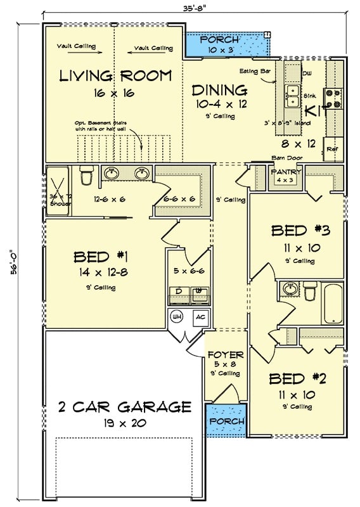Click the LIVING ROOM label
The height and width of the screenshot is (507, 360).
click(115, 76)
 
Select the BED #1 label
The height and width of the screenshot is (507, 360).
click(101, 257)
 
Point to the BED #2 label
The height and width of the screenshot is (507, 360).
click(297, 379)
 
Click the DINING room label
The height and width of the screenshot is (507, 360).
click(219, 90)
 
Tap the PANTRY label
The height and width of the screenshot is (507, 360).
click(280, 172)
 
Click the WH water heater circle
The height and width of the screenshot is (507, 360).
click(176, 318)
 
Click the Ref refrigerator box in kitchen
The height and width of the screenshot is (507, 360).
click(332, 149)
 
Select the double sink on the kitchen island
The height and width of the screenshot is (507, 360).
click(292, 96)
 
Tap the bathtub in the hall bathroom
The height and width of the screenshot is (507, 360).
click(332, 304)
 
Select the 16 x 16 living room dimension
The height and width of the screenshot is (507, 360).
click(115, 93)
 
